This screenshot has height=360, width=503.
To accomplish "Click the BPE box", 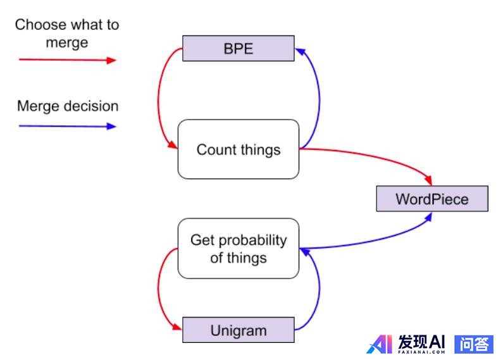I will coord(238,49).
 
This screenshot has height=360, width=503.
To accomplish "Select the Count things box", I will coord(238,149).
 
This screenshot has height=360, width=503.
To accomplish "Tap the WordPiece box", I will coord(432,199).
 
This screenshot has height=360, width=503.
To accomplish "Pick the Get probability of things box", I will coord(238,249).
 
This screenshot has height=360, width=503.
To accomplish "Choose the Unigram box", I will coord(238,330).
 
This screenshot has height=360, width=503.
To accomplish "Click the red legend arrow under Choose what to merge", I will coord(68,60).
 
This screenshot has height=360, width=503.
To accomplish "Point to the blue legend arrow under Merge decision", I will coord(68,126).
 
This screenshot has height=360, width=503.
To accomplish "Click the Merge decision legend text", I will coord(68,106).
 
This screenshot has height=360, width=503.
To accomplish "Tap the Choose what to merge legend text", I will coord(67,34).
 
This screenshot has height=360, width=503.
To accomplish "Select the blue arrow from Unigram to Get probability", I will coord(317,291).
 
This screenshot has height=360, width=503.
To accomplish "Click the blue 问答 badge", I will coord(474,344).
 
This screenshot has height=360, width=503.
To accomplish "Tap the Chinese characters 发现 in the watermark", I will coord(413,342).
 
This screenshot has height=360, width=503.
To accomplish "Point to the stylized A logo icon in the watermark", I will coord(380,344).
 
